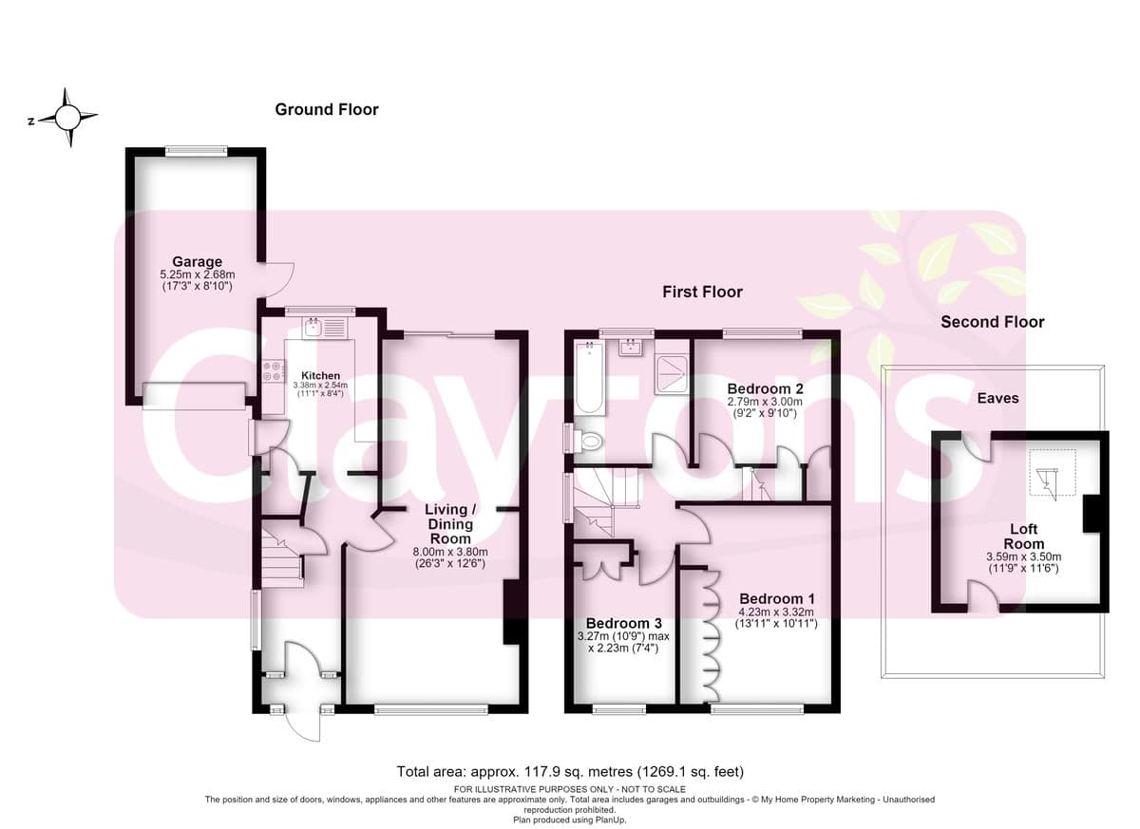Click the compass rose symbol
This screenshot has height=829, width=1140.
(x=67, y=118)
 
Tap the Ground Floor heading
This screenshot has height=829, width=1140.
(x=327, y=109)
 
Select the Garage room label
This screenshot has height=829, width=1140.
(x=197, y=261)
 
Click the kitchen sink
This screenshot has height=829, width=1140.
(x=313, y=327)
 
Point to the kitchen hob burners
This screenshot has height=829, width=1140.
(x=274, y=370)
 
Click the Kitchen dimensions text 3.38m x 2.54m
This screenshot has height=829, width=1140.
(x=320, y=385)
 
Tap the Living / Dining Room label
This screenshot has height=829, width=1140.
(x=450, y=524)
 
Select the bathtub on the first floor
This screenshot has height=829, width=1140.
(x=590, y=377)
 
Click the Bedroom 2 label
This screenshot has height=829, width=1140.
(x=765, y=388)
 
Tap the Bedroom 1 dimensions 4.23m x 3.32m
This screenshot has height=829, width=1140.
(x=776, y=612)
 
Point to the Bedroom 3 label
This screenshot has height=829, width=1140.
(x=623, y=623)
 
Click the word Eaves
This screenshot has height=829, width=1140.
(x=998, y=398)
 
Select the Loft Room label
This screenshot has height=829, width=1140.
(x=1024, y=537)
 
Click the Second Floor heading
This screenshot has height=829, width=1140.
(x=993, y=322)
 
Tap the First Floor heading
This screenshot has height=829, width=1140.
(x=702, y=292)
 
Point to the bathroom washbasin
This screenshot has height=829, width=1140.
(x=631, y=348)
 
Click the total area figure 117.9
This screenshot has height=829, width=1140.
(x=540, y=771)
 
